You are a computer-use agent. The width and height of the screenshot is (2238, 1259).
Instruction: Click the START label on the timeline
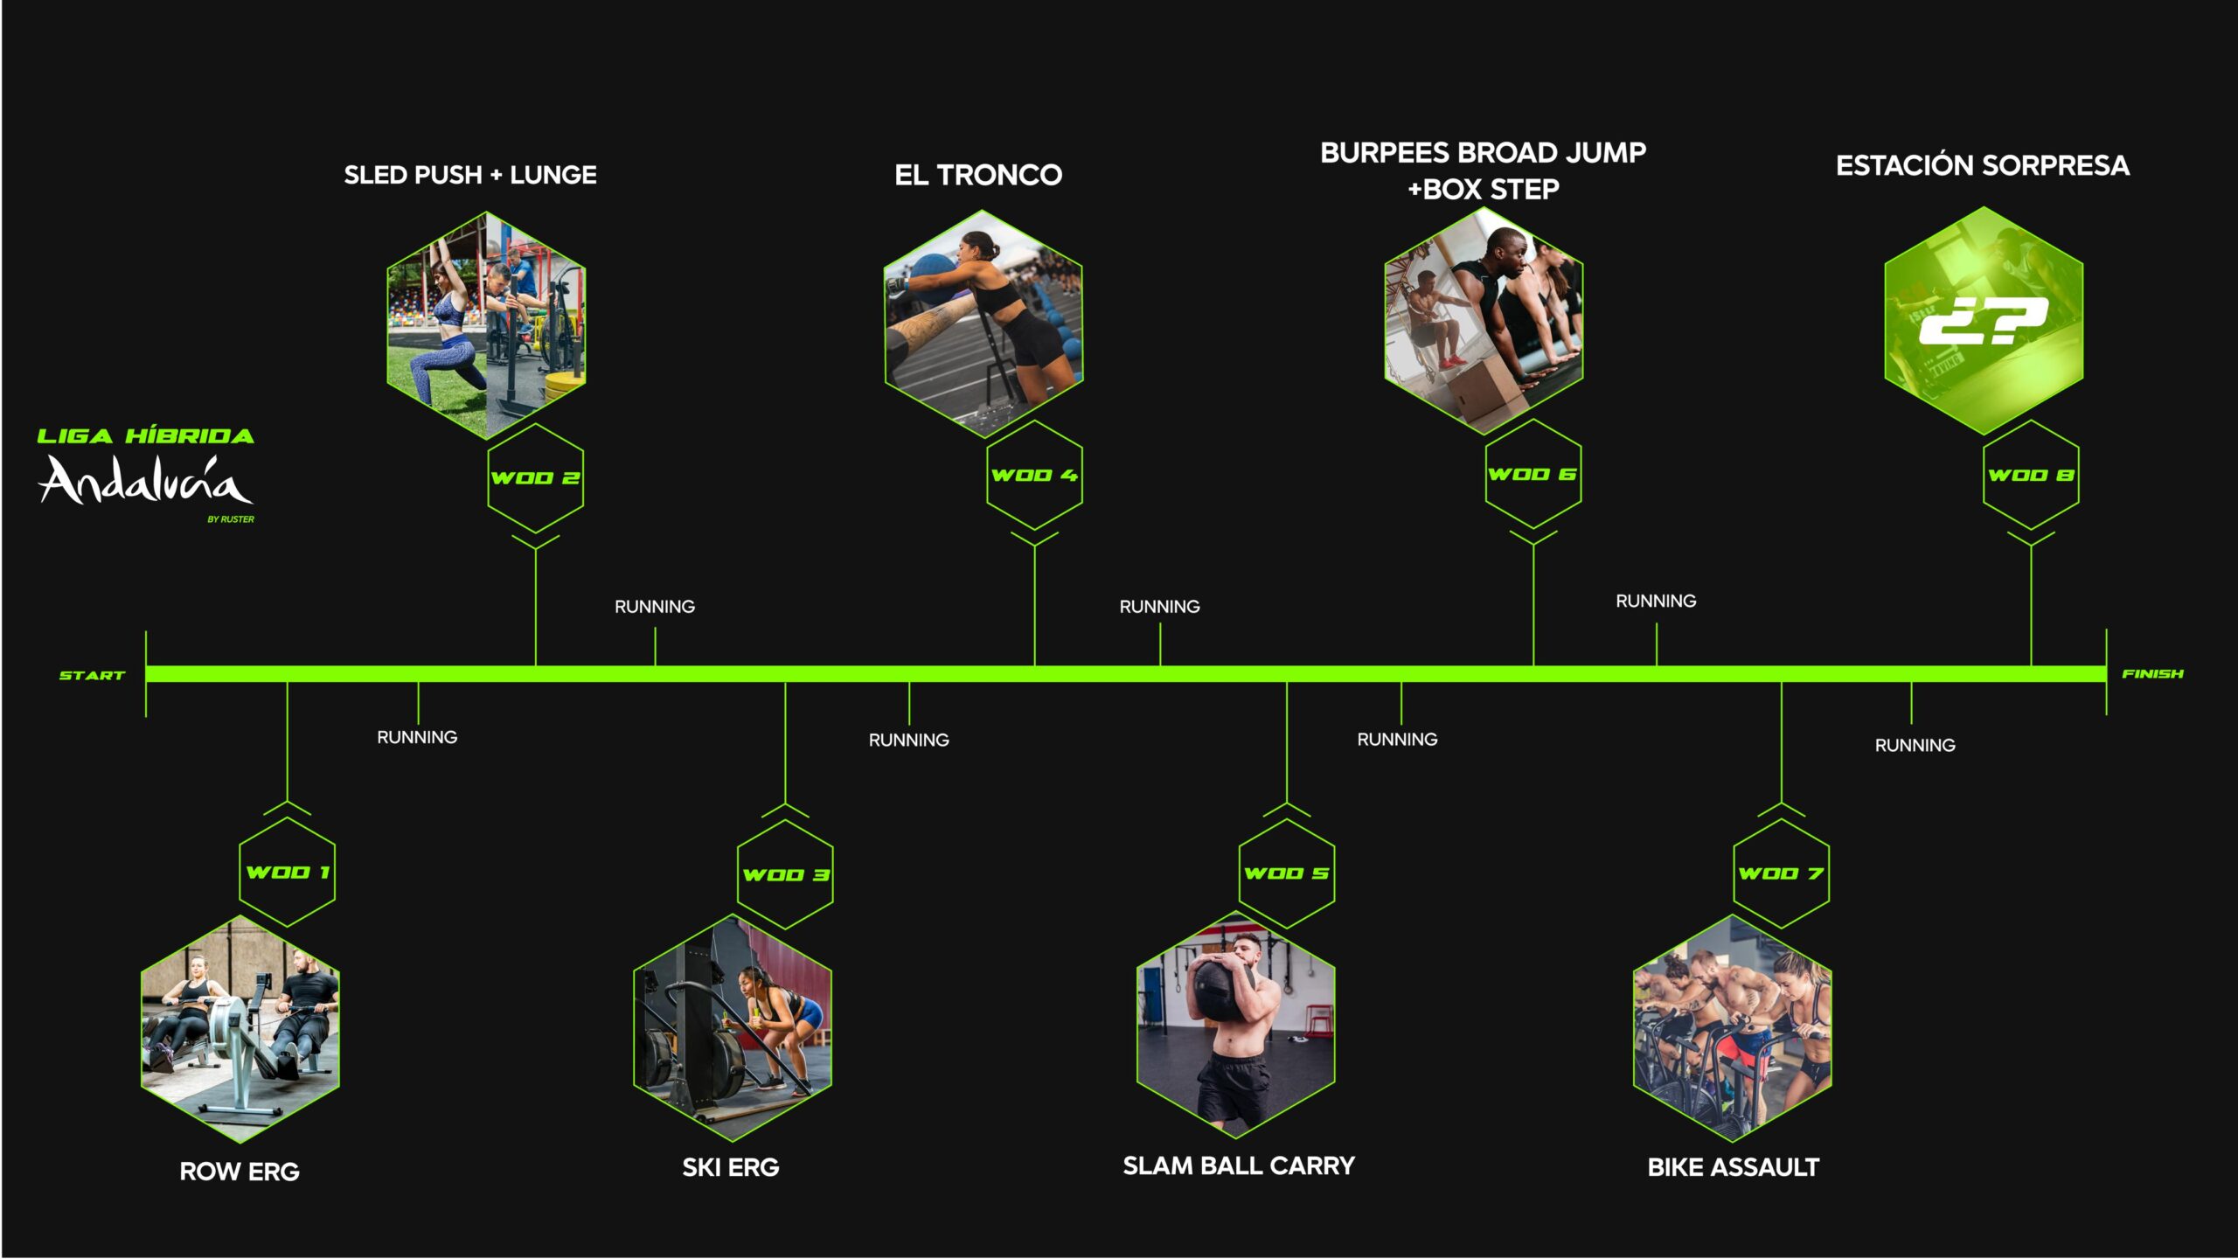92,676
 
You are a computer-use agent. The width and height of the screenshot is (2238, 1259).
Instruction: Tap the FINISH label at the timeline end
2152,674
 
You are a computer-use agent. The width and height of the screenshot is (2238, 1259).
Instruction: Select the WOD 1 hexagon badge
288,872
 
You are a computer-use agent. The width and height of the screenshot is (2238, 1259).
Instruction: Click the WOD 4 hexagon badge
1034,475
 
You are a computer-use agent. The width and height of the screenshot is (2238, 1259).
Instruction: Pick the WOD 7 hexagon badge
1781,873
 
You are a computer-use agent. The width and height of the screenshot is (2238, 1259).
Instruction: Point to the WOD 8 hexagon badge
2031,475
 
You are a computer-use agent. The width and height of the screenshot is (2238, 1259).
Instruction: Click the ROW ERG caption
240,1172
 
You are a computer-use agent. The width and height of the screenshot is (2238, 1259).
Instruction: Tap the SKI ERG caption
731,1167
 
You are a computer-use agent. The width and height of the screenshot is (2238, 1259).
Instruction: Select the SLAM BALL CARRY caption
1239,1165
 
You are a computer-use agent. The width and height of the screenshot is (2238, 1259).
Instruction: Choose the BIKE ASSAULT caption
1734,1167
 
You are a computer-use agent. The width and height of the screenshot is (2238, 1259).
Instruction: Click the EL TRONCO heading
978,175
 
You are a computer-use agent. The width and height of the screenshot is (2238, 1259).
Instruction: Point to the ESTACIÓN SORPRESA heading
1983,165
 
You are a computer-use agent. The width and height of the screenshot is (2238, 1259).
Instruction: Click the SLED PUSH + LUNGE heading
470,175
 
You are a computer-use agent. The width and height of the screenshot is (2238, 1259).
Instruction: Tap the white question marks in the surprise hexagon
1983,321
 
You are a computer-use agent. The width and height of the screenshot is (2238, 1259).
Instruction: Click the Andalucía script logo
146,480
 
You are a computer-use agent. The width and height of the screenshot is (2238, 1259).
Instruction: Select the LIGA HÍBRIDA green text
146,436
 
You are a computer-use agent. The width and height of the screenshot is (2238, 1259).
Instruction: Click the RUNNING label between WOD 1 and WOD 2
417,737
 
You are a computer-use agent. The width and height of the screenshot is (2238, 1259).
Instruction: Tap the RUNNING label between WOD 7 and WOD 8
1915,745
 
